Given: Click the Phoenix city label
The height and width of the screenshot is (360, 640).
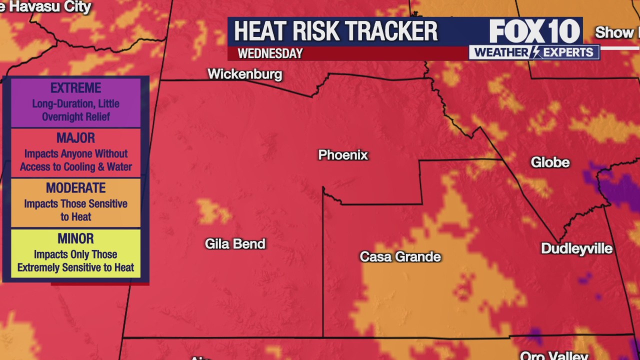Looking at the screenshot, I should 343,155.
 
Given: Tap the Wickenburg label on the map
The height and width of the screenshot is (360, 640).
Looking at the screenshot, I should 244,74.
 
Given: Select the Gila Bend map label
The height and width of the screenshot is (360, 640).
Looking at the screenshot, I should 235,244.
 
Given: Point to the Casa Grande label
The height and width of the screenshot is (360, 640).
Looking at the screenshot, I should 400,257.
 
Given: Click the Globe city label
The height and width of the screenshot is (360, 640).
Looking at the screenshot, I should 550,162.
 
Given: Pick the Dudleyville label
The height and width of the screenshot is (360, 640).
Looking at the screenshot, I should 576,249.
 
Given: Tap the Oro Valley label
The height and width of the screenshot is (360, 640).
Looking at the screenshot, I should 553,355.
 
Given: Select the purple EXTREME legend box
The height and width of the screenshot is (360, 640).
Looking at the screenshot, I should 75,102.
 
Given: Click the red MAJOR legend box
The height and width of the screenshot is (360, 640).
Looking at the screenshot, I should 75,152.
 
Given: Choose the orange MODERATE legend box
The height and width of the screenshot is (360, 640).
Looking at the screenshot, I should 75,202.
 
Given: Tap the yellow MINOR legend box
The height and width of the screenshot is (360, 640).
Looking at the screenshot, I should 75,253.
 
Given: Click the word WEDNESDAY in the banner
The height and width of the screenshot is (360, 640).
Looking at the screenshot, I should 270,53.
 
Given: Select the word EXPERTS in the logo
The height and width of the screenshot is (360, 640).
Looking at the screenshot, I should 568,52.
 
